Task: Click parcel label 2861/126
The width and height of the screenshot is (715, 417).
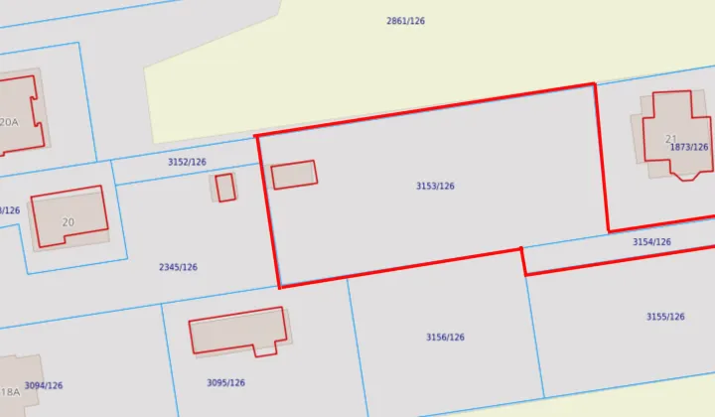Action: [405, 21]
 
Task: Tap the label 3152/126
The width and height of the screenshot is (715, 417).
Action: [187, 162]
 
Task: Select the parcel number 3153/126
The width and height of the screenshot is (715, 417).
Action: [435, 186]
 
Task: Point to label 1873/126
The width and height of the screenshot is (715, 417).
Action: [689, 147]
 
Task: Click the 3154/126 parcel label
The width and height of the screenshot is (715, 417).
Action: [651, 241]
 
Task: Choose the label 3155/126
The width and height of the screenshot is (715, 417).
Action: [665, 317]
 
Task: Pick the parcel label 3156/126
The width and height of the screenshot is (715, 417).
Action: [445, 338]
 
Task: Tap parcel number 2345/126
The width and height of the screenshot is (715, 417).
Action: [178, 267]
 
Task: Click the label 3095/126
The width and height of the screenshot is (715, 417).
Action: [225, 382]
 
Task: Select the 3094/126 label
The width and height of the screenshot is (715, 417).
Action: [44, 385]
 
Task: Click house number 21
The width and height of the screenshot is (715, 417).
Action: [670, 139]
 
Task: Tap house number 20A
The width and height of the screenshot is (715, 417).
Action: [9, 122]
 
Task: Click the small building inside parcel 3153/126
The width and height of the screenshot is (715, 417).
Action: [294, 175]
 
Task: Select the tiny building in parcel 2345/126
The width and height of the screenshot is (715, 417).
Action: [225, 187]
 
